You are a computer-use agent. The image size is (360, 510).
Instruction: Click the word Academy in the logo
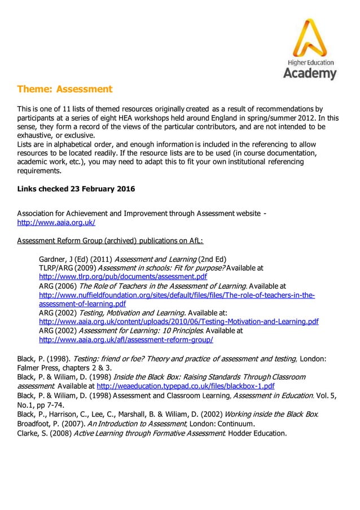309,73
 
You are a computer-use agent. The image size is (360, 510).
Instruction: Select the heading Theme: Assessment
65,89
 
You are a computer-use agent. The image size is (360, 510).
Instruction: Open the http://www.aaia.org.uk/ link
56,223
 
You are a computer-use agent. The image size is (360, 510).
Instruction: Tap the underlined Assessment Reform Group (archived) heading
109,241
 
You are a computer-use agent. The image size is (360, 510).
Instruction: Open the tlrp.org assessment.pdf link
122,277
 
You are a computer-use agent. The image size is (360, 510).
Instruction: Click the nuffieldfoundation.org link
176,295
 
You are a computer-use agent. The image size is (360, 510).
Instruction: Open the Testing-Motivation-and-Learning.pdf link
178,322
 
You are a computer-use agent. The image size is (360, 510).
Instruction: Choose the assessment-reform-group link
125,340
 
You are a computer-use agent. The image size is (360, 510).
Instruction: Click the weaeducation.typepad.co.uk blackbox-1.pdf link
186,386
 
